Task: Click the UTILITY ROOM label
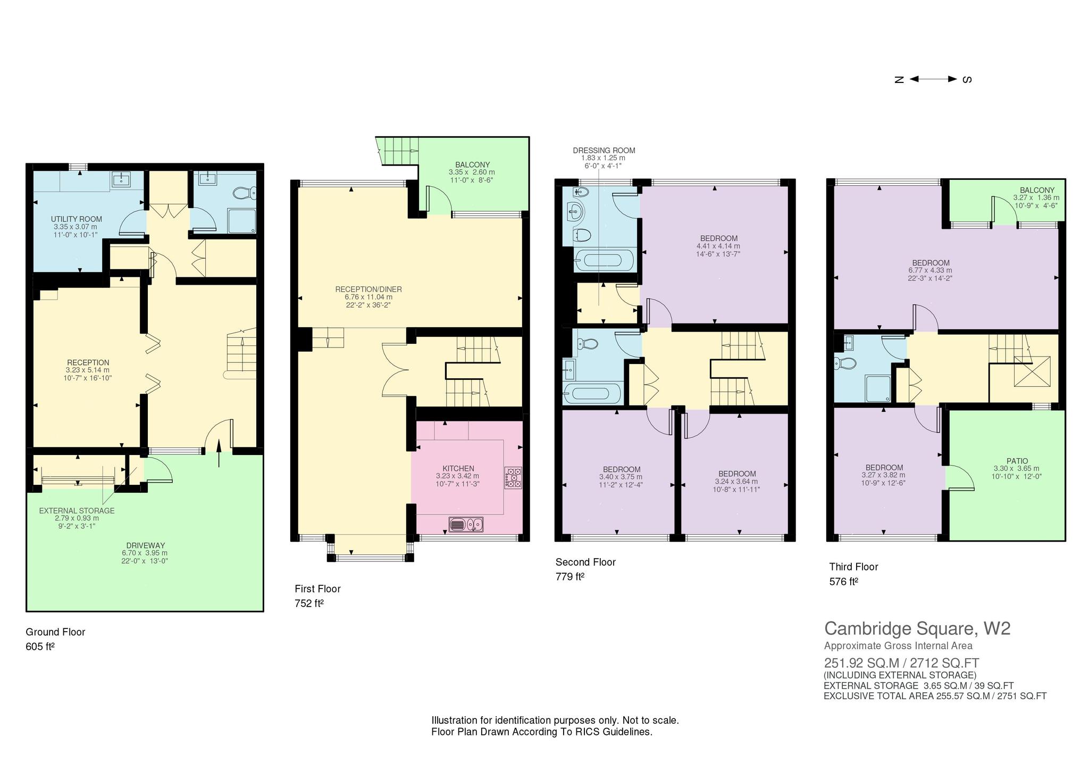pyautogui.click(x=77, y=219)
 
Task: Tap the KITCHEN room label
pyautogui.click(x=458, y=469)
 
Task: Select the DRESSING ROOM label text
pyautogui.click(x=604, y=151)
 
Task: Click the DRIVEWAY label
pyautogui.click(x=146, y=545)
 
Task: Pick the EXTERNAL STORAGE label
pyautogui.click(x=77, y=511)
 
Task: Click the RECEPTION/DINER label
pyautogui.click(x=368, y=289)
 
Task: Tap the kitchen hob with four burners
pyautogui.click(x=513, y=478)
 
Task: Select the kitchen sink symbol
pyautogui.click(x=466, y=525)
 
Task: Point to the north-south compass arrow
pyautogui.click(x=933, y=79)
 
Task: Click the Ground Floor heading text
pyautogui.click(x=55, y=632)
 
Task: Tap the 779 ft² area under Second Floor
pyautogui.click(x=570, y=577)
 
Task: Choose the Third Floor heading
pyautogui.click(x=853, y=567)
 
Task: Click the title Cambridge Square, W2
pyautogui.click(x=917, y=628)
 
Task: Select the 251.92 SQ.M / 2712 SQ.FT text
pyautogui.click(x=902, y=663)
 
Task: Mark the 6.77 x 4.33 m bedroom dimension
pyautogui.click(x=931, y=270)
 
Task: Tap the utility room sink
pyautogui.click(x=122, y=179)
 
